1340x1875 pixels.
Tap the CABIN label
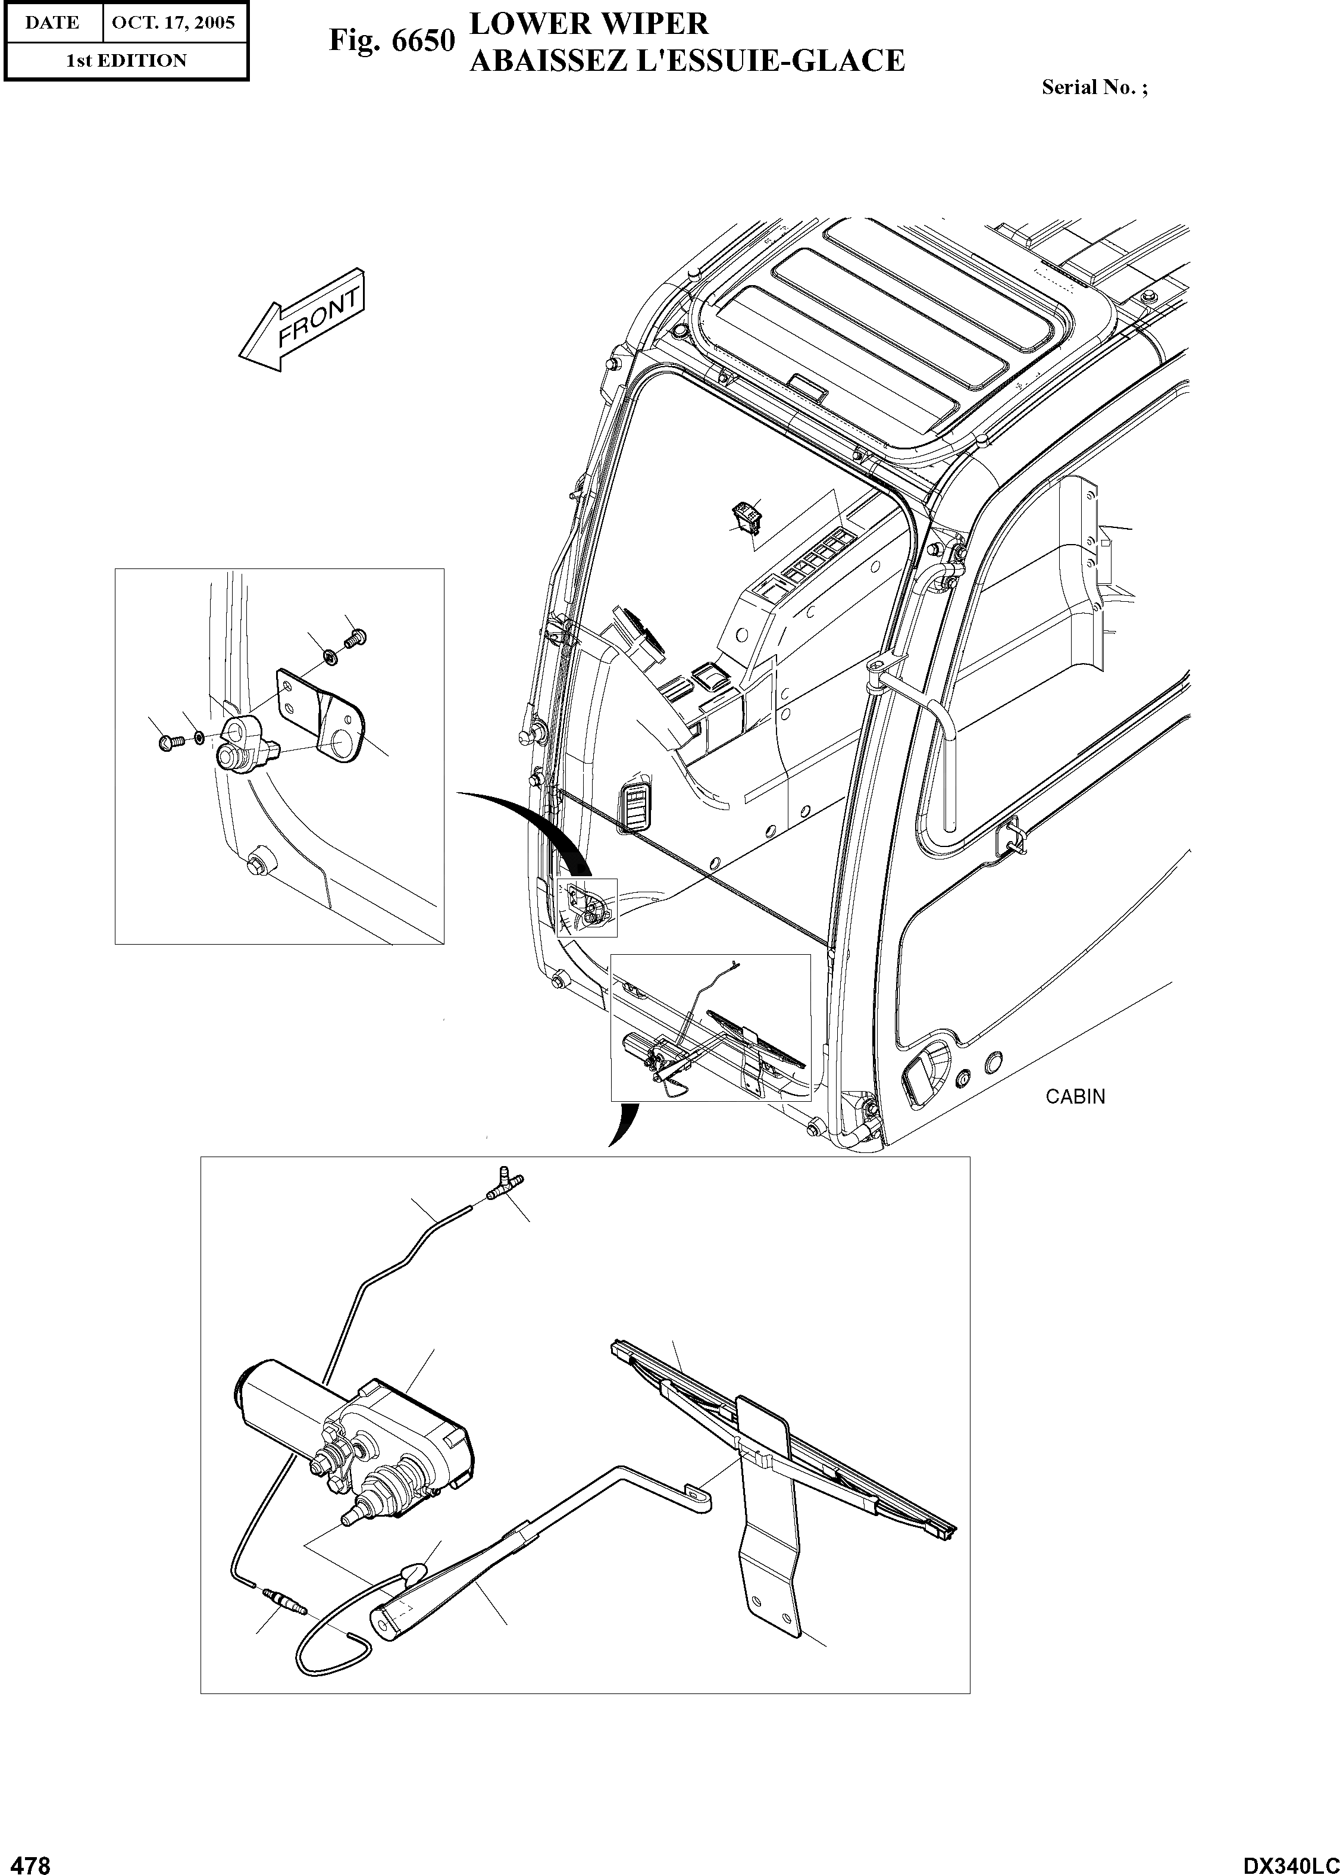(x=1075, y=1097)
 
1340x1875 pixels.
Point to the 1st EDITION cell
(x=126, y=60)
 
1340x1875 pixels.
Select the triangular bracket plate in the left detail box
(x=322, y=714)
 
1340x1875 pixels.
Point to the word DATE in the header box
(x=51, y=22)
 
